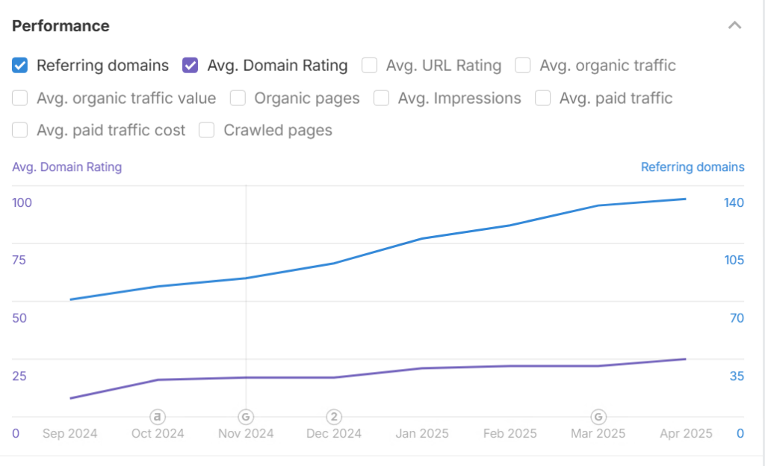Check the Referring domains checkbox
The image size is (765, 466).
point(20,65)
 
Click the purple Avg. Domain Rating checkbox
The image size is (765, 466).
point(190,65)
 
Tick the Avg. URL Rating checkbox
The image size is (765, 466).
point(369,65)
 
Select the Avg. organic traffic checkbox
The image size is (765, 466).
point(522,65)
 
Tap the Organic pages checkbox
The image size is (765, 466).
point(238,98)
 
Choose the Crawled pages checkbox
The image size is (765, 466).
point(206,130)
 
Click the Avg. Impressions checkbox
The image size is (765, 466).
point(381,98)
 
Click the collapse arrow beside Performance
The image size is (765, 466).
point(735,25)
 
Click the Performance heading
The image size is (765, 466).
point(61,26)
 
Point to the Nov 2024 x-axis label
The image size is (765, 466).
point(246,433)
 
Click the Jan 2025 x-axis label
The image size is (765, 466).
point(422,433)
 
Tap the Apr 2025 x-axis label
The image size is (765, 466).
point(686,433)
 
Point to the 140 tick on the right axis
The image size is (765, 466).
point(734,203)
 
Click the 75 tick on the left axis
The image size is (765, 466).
point(19,261)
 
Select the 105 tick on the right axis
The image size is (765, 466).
point(734,261)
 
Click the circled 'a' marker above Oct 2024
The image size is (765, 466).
point(157,417)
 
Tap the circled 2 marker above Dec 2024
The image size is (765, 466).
point(334,417)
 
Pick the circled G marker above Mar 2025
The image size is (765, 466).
point(598,417)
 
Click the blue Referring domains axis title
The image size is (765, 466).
point(693,167)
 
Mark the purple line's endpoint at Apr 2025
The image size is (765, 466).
point(686,359)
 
